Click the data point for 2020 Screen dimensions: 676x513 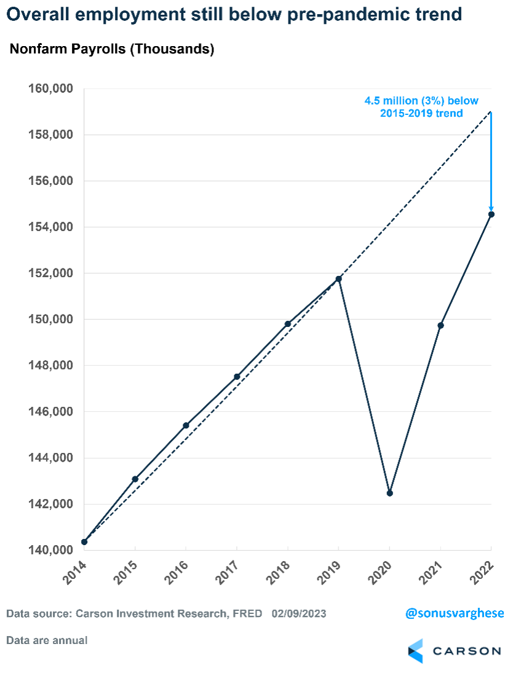(389, 493)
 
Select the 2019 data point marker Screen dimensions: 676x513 (339, 279)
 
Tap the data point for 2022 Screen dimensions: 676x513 (491, 214)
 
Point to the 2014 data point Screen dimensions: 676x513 (84, 541)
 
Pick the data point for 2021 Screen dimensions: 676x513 (440, 325)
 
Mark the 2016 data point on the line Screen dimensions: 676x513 (186, 425)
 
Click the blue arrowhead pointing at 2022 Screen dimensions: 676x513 (491, 208)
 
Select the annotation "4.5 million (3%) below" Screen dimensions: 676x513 (421, 101)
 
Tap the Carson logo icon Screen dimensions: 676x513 (416, 651)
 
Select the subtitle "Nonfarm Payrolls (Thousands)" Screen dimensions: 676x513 (112, 50)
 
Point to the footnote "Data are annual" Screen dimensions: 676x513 (47, 640)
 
